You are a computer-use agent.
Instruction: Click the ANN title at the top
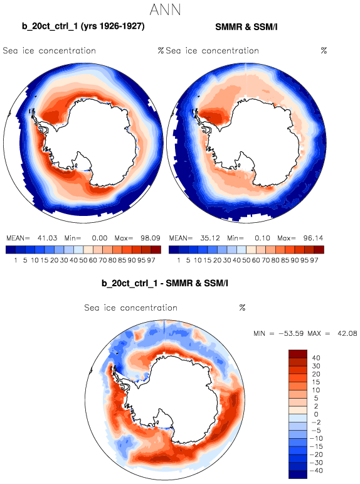tap(165, 9)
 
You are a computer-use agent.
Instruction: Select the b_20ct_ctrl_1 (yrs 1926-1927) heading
tap(83, 26)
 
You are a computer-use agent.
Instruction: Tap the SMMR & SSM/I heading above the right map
tap(246, 27)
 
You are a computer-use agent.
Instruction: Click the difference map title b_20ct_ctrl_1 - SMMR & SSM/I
tap(165, 282)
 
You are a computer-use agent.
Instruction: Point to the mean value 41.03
tap(48, 238)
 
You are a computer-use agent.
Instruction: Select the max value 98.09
tap(151, 238)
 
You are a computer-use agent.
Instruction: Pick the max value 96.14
tap(313, 238)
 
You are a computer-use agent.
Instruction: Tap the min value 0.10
tap(263, 238)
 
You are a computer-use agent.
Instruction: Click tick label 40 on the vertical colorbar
tap(316, 358)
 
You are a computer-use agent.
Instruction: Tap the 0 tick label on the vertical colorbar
tap(316, 414)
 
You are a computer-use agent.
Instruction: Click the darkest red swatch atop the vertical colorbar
tap(298, 353)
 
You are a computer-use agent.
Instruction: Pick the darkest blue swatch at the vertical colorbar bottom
tap(298, 475)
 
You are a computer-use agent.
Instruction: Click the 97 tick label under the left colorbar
tap(151, 261)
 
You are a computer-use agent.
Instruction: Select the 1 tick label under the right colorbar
tap(179, 261)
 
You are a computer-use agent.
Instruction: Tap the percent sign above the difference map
tap(242, 308)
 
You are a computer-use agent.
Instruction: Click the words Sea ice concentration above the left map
tap(50, 51)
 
